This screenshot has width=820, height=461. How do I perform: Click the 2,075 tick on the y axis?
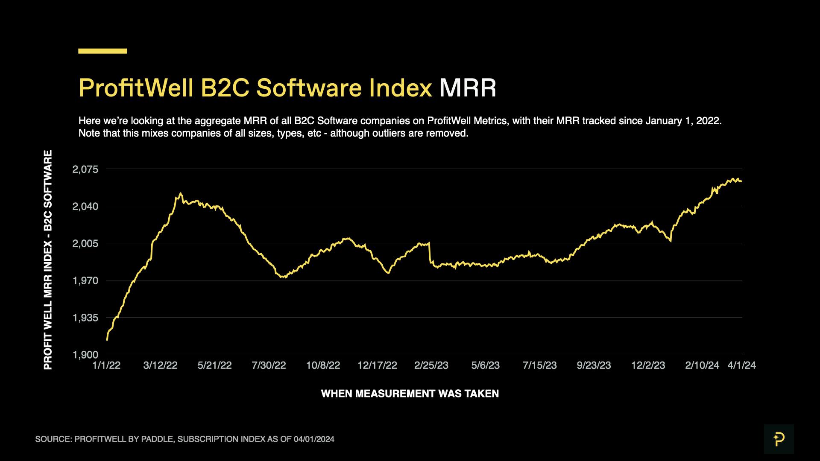tap(85, 169)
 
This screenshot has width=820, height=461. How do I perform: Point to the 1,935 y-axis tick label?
tap(85, 318)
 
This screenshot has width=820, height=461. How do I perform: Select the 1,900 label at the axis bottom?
tap(85, 355)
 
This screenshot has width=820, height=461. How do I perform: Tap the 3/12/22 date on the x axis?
tap(160, 365)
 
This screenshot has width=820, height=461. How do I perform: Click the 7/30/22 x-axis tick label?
tap(269, 365)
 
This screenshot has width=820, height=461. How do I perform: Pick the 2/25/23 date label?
tap(431, 365)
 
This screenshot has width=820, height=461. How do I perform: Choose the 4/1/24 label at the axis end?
tap(742, 365)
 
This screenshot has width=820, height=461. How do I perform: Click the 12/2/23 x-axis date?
tap(648, 365)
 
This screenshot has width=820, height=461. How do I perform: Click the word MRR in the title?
tap(468, 88)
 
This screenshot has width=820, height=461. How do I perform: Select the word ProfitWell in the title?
tap(136, 88)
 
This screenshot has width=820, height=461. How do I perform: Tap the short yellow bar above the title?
tap(102, 51)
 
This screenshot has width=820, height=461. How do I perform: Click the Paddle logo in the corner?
tap(779, 439)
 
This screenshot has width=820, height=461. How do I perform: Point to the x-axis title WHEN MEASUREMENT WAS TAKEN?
tap(410, 394)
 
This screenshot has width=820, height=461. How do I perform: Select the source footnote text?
tap(184, 439)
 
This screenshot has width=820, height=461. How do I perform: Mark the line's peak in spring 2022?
tap(181, 193)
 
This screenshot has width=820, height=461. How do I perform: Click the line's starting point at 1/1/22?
tap(107, 340)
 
